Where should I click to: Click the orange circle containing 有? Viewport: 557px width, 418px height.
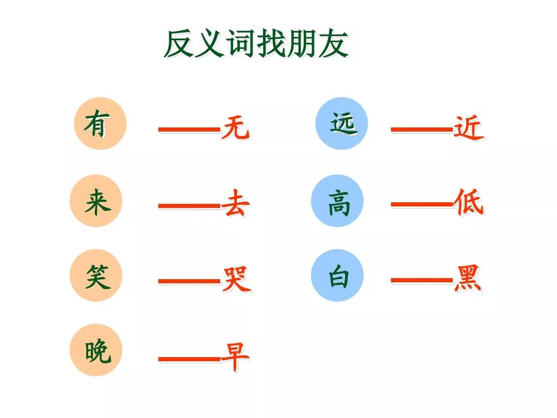tap(100, 124)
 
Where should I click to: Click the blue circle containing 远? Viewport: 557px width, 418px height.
tap(342, 124)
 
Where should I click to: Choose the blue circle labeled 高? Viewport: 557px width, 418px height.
tap(337, 201)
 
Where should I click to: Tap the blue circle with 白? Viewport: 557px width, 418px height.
tap(337, 276)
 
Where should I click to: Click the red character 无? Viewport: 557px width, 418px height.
tap(236, 127)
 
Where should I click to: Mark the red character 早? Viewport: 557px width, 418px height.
tap(235, 356)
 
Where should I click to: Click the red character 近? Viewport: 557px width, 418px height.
tap(468, 127)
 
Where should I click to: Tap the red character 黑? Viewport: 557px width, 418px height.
tap(468, 279)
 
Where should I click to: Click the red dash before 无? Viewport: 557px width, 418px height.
tap(189, 129)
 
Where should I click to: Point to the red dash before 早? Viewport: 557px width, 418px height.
tap(189, 358)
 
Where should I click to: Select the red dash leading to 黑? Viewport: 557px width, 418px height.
tap(421, 281)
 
